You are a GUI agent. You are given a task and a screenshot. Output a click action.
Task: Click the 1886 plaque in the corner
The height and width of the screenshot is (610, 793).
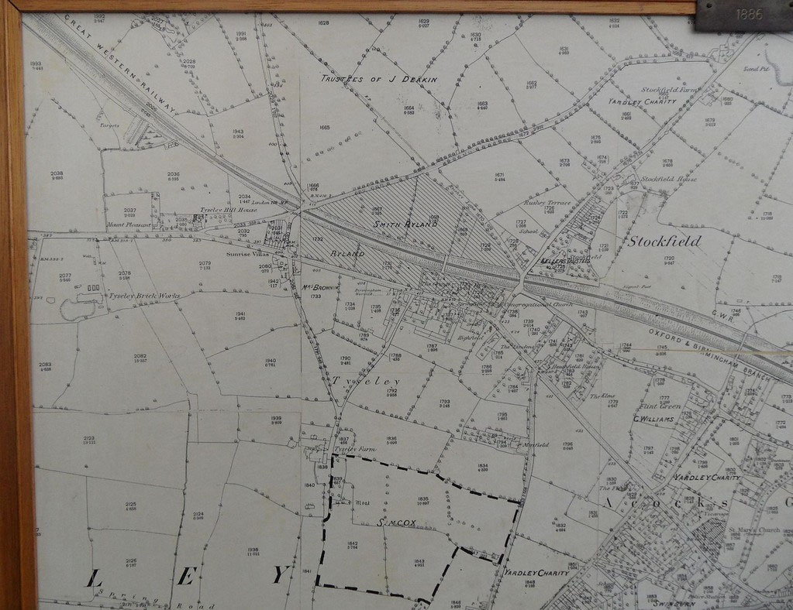click(x=743, y=15)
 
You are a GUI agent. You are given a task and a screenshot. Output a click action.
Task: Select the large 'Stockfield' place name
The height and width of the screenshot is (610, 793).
click(x=664, y=241)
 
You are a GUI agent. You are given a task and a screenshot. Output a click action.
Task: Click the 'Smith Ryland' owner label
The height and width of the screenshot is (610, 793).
click(x=405, y=224)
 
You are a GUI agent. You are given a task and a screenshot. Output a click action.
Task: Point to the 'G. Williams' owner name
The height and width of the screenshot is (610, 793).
click(x=653, y=419)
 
